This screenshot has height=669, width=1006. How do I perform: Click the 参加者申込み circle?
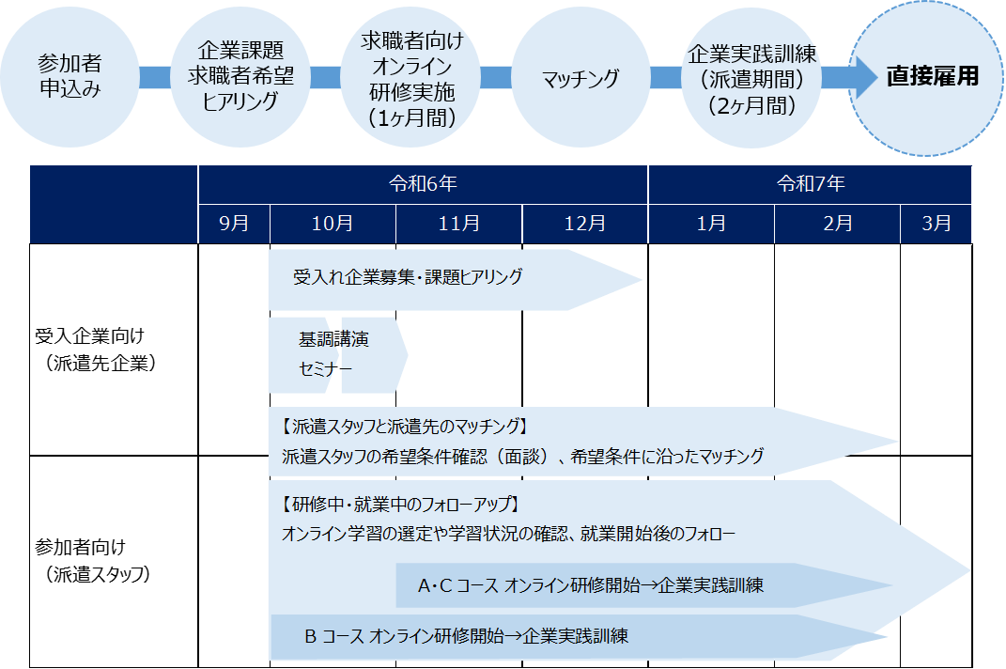[x=70, y=76]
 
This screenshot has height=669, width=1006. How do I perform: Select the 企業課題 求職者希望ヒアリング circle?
[x=241, y=76]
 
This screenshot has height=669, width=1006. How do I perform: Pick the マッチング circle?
[x=580, y=78]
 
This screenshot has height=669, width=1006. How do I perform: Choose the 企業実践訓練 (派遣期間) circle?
[x=749, y=78]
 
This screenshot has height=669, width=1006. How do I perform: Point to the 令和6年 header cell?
[x=423, y=184]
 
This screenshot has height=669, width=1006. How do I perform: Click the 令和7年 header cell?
[x=810, y=184]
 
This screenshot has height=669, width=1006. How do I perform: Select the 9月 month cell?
[x=234, y=224]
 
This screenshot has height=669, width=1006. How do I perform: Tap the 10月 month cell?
[x=333, y=224]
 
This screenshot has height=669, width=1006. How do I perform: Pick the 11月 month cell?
[x=458, y=224]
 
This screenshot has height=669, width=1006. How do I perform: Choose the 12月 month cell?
[x=585, y=224]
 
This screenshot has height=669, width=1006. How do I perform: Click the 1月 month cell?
[x=711, y=224]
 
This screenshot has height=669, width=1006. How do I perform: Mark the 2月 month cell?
[x=837, y=224]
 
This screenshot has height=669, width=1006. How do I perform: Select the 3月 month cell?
[x=936, y=224]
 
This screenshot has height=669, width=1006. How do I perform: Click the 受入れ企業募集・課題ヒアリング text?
[x=408, y=277]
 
